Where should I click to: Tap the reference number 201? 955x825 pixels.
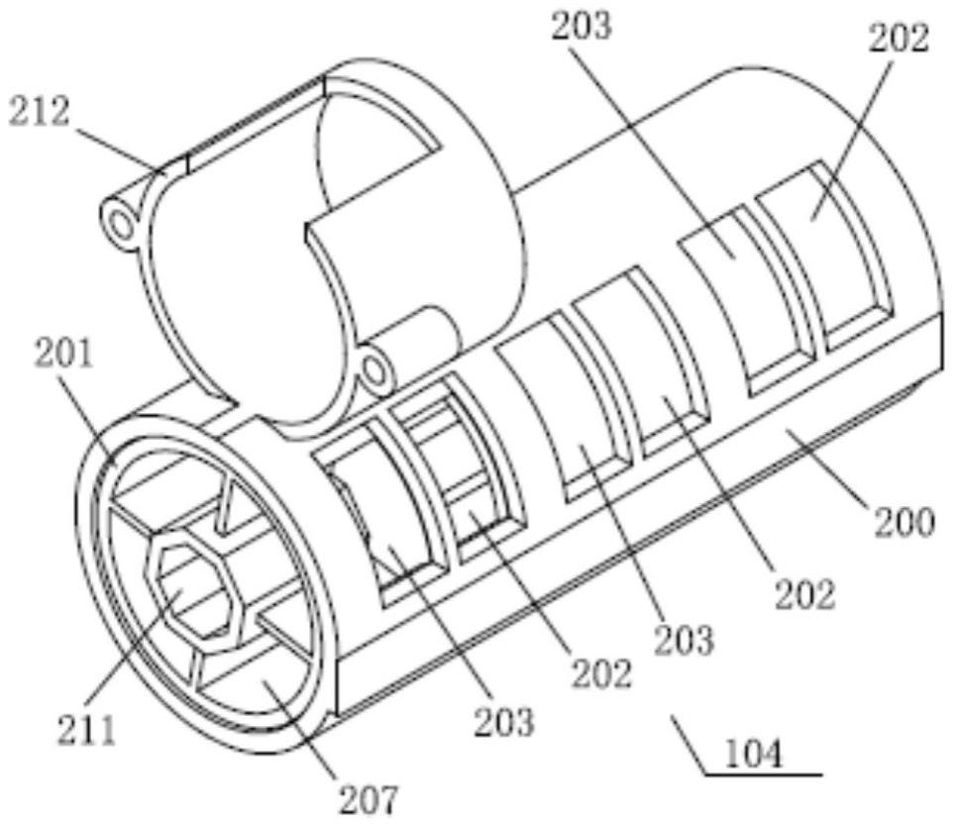pyautogui.click(x=64, y=354)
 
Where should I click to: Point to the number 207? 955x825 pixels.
pyautogui.click(x=368, y=798)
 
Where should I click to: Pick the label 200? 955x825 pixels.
pyautogui.click(x=903, y=522)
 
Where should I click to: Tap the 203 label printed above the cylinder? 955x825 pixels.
pyautogui.click(x=581, y=26)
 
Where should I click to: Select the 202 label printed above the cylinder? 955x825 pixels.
pyautogui.click(x=899, y=37)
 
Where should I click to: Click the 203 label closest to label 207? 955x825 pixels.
pyautogui.click(x=504, y=721)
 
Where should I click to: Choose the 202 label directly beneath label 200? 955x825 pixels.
pyautogui.click(x=804, y=593)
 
